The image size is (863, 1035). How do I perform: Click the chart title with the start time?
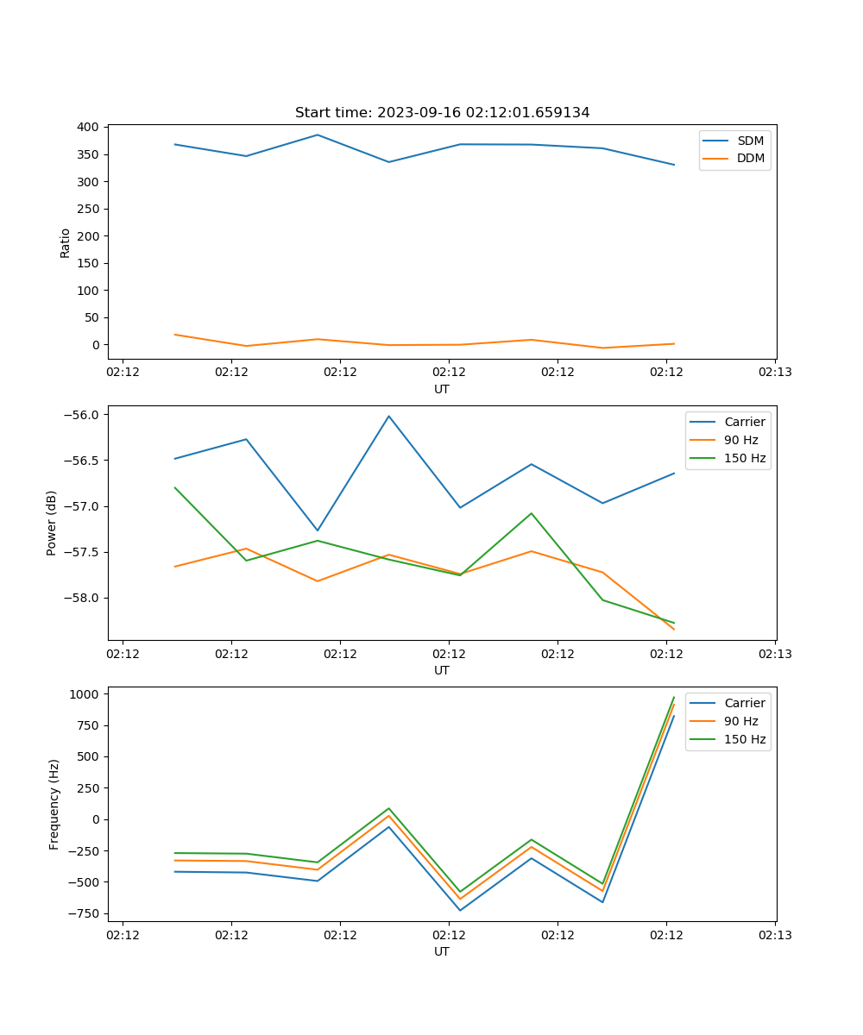pos(442,113)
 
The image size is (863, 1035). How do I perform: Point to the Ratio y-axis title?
pos(66,242)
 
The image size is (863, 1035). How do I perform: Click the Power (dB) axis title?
pos(53,523)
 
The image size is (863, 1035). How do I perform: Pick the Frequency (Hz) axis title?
pos(54,804)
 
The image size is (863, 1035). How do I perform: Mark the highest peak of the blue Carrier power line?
pos(388,417)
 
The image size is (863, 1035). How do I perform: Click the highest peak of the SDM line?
pos(318,135)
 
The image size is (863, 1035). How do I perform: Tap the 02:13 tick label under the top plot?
pos(774,373)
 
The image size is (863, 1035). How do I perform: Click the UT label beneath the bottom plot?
pos(442,951)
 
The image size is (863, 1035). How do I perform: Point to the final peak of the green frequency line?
pos(674,698)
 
